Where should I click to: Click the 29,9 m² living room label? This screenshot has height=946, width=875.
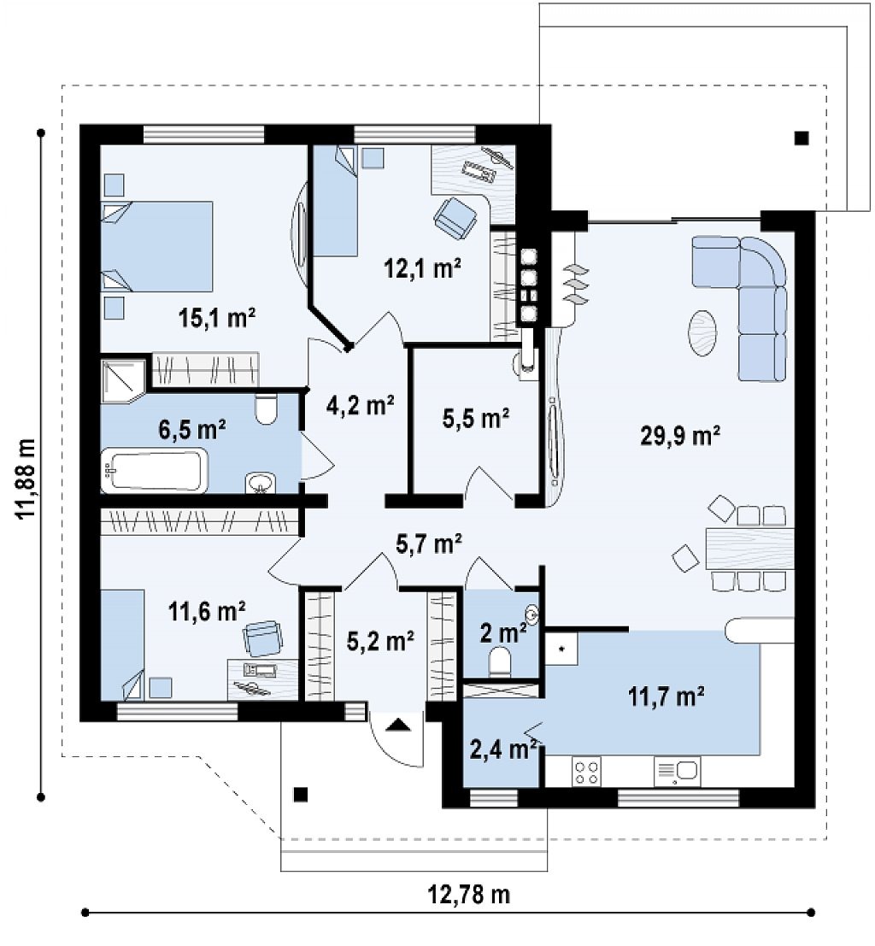[680, 436]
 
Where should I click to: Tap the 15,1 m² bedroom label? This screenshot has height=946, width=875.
[217, 317]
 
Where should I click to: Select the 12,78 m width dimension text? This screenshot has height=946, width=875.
[469, 894]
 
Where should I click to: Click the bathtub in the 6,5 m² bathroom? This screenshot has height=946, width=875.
[155, 471]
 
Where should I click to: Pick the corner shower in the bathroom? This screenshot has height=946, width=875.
[123, 380]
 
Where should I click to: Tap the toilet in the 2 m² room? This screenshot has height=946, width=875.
[500, 661]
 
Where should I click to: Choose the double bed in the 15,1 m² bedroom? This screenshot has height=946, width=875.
[157, 247]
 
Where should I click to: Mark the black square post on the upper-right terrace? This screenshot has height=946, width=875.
[802, 138]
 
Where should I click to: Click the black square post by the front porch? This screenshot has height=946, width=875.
[301, 795]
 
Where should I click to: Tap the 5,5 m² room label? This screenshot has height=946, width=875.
[476, 418]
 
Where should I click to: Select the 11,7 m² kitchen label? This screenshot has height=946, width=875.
[667, 696]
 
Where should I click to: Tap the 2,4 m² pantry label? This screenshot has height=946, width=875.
[504, 749]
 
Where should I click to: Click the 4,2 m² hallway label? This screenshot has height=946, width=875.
[361, 405]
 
